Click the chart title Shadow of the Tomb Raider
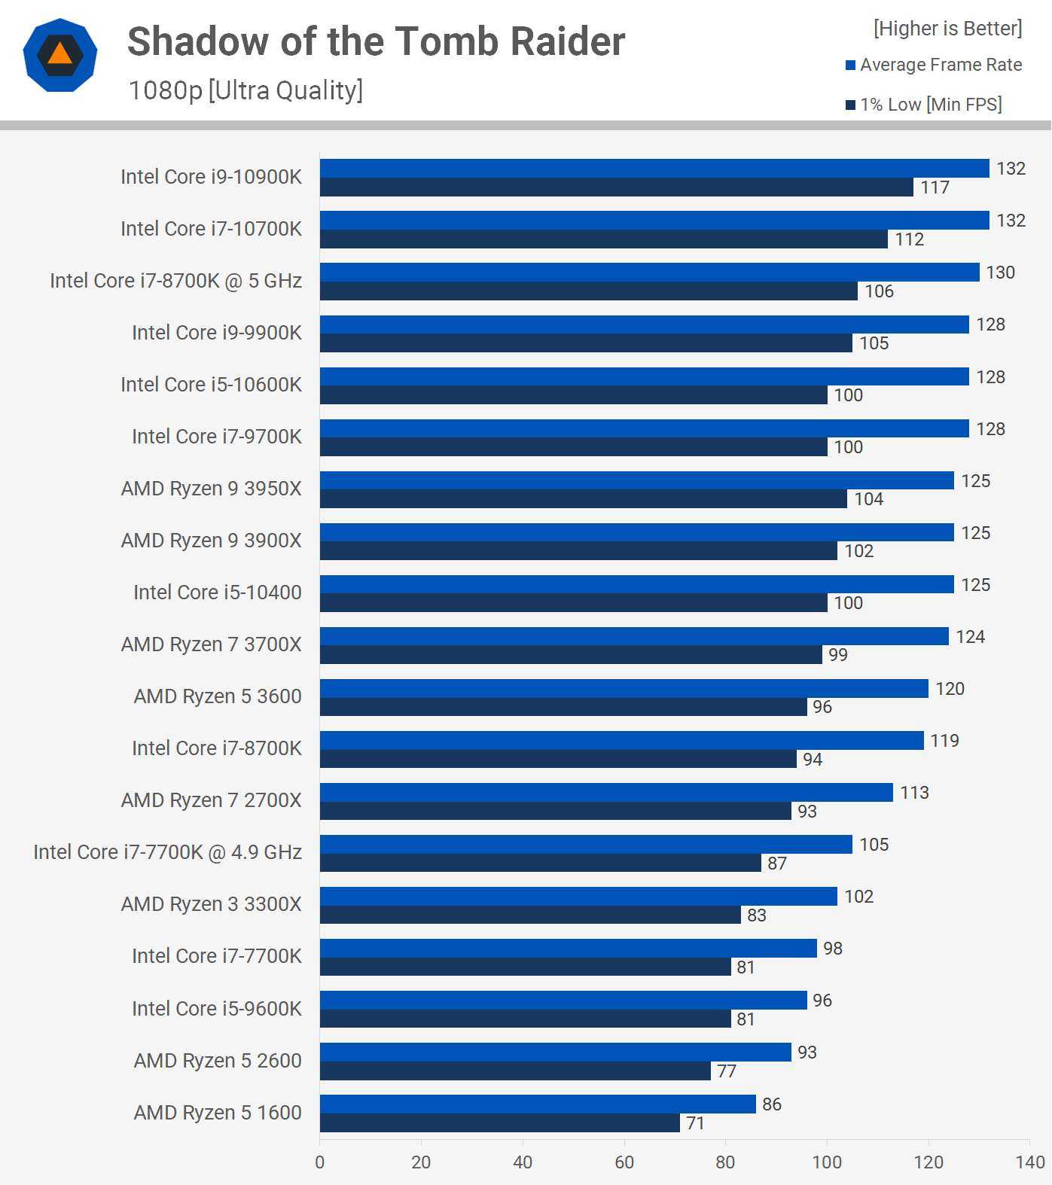click(376, 41)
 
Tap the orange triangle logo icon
click(60, 53)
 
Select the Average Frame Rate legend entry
click(934, 65)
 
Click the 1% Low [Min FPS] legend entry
click(924, 105)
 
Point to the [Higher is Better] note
click(947, 29)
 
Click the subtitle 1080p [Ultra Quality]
click(245, 90)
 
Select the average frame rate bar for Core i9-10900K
click(654, 168)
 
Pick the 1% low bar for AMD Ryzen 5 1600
click(499, 1123)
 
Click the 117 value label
click(935, 187)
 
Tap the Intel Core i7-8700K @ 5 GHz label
click(175, 281)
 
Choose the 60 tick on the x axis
click(624, 1162)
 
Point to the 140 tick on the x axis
click(1029, 1162)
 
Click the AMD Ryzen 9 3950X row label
click(211, 489)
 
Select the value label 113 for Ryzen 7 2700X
click(914, 793)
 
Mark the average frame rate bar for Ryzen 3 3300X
click(578, 896)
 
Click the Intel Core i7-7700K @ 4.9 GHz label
click(167, 852)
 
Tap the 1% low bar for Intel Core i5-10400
click(573, 603)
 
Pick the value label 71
click(695, 1123)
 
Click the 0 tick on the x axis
click(320, 1162)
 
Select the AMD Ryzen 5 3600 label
click(217, 696)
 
